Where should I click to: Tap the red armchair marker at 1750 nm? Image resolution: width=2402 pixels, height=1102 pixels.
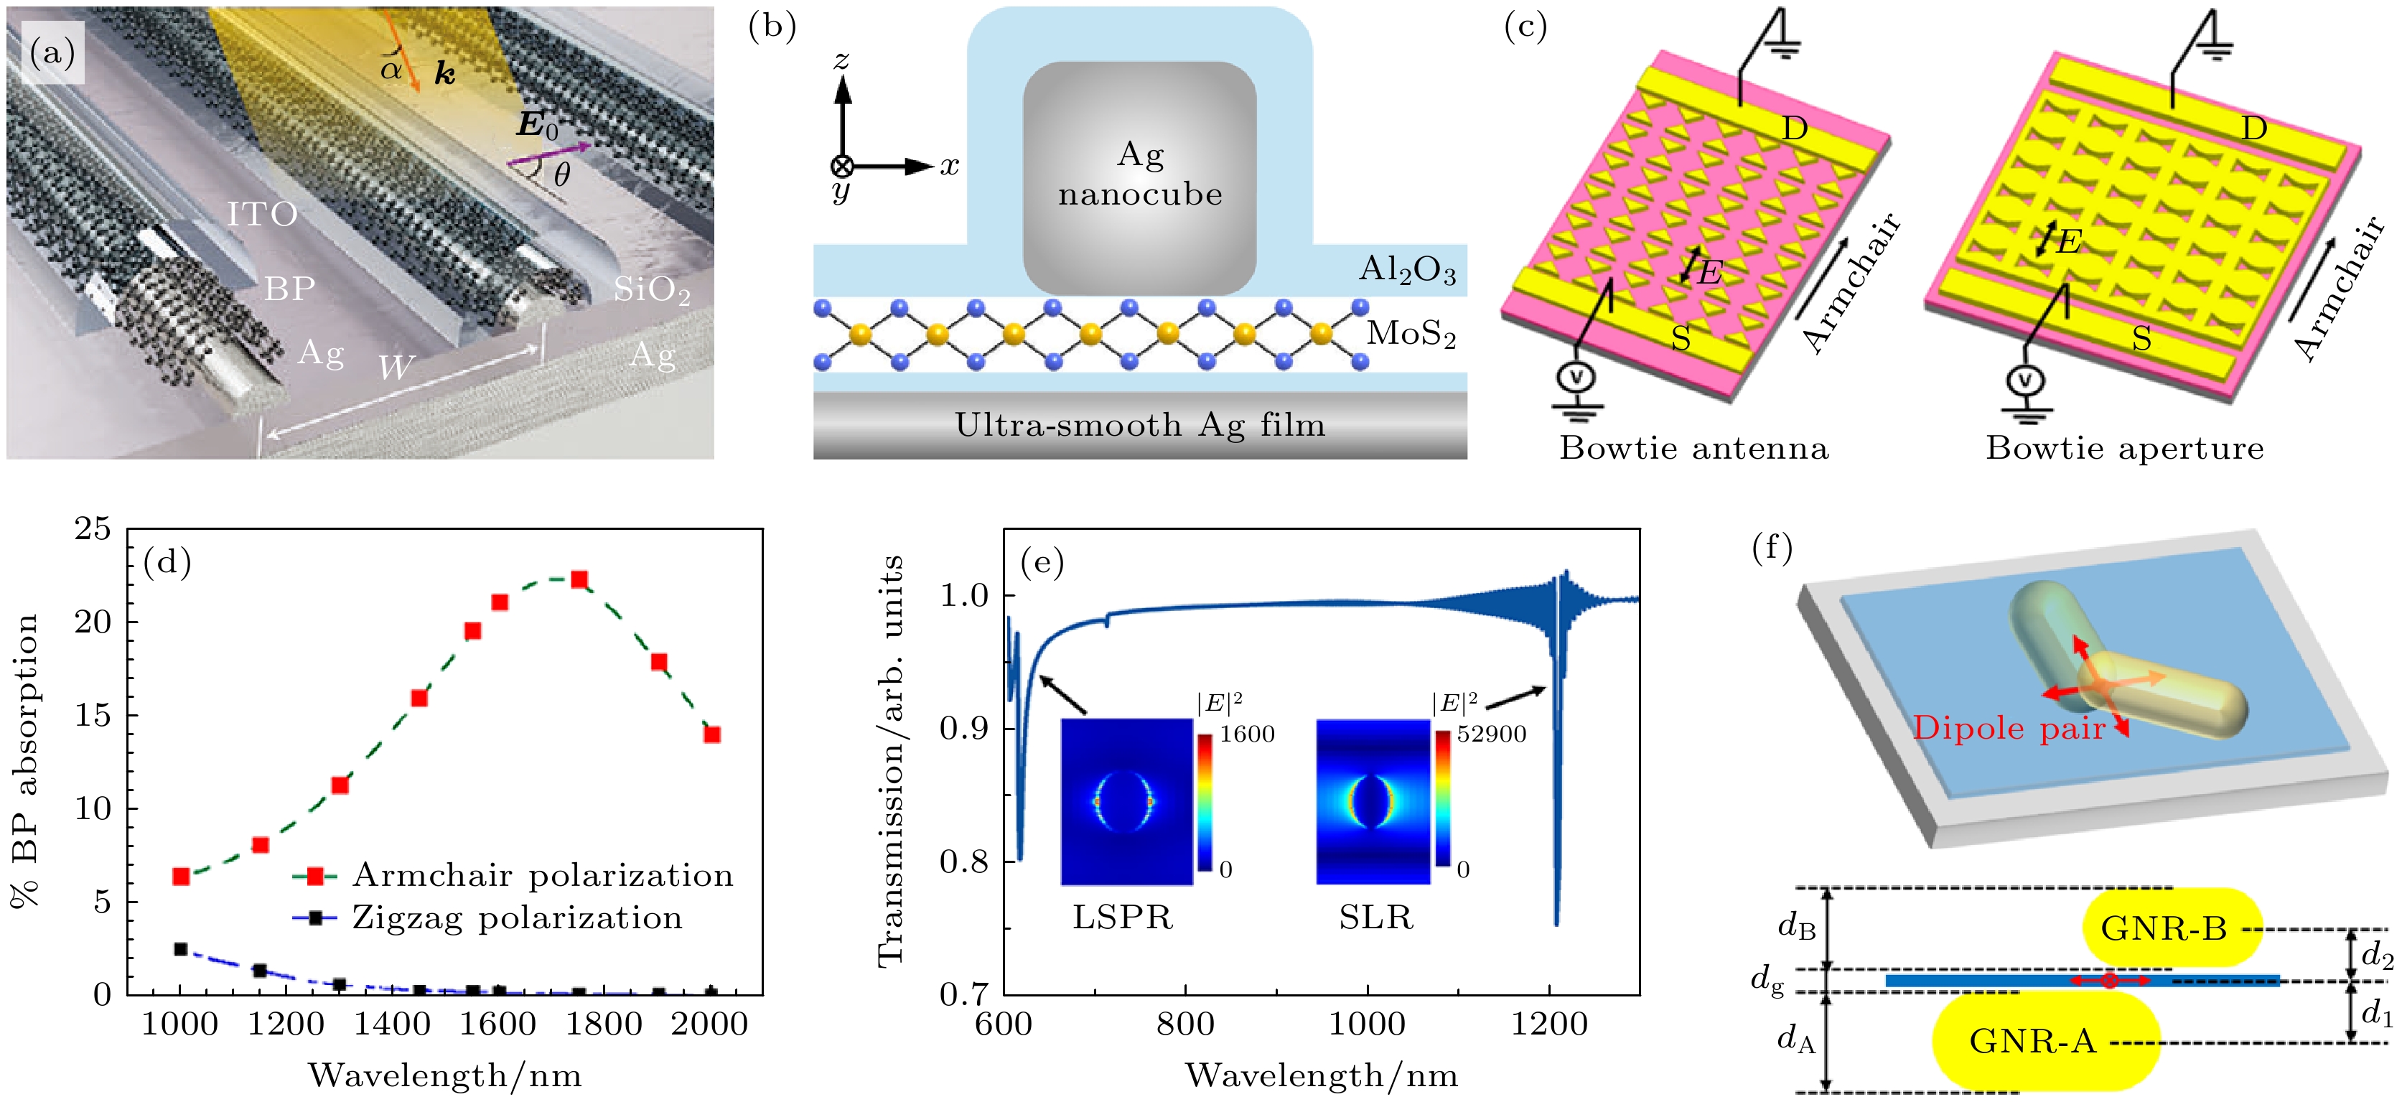579,580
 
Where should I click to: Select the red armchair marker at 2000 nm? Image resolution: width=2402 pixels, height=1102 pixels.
711,734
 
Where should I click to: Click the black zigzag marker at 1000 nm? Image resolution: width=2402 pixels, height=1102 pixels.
181,949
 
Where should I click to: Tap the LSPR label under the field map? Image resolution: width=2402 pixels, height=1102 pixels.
1122,918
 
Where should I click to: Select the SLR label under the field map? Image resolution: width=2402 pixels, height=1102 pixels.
1375,918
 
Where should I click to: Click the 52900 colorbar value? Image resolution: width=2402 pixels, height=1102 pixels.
1492,734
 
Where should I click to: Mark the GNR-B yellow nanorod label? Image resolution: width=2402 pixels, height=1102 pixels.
2163,928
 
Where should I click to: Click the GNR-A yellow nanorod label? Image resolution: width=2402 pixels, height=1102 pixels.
2033,1042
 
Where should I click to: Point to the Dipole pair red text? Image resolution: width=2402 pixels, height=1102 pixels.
2009,728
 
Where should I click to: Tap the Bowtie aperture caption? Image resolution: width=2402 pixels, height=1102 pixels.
2124,449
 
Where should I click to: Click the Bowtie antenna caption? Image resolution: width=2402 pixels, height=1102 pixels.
1693,449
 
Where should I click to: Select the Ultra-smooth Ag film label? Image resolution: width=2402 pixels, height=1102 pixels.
1139,425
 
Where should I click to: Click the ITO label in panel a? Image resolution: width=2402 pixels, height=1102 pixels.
262,215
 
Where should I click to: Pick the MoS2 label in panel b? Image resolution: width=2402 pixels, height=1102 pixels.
1411,333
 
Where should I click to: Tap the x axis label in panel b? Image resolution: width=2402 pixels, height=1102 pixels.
949,167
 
